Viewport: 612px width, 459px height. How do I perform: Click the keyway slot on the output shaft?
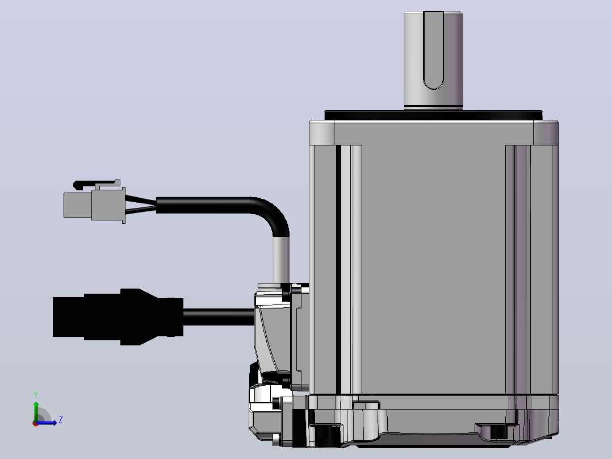point(433,49)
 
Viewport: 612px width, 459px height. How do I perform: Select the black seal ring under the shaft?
point(433,115)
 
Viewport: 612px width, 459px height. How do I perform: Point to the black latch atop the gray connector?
point(96,184)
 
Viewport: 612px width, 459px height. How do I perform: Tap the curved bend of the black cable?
point(273,214)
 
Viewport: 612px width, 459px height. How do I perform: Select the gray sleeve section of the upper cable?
point(281,260)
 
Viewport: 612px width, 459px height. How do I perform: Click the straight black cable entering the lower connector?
point(219,317)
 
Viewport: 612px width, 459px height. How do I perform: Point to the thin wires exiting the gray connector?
point(141,205)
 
